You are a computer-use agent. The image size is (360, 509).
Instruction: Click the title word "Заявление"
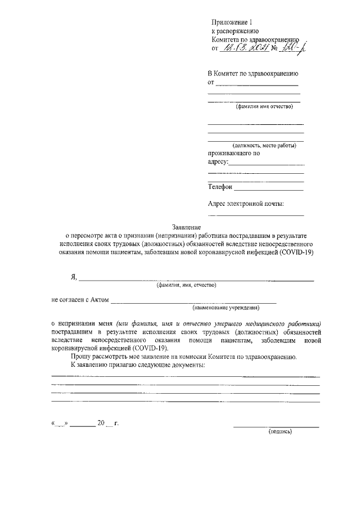pyautogui.click(x=186, y=227)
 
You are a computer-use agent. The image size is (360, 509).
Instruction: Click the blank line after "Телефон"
pyautogui.click(x=269, y=190)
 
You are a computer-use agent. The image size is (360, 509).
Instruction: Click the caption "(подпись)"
pyautogui.click(x=279, y=432)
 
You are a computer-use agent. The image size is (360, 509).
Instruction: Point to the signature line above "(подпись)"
pyautogui.click(x=276, y=426)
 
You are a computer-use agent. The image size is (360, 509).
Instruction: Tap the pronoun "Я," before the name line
pyautogui.click(x=73, y=277)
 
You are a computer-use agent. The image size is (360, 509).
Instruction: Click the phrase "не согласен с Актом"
pyautogui.click(x=80, y=300)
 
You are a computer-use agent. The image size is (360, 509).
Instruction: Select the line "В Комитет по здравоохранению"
pyautogui.click(x=253, y=74)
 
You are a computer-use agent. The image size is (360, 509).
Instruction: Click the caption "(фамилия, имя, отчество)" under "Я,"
pyautogui.click(x=187, y=285)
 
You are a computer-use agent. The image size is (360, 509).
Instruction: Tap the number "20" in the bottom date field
pyautogui.click(x=101, y=422)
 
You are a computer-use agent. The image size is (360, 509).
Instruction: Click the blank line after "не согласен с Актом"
pyautogui.click(x=193, y=302)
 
